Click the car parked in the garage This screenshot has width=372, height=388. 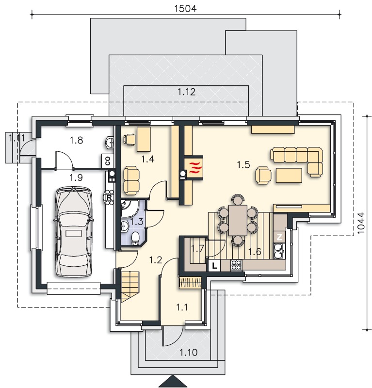(x=74, y=232)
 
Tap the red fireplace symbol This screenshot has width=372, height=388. (x=194, y=168)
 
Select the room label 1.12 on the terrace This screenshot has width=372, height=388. (x=187, y=92)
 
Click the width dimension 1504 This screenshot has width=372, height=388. (x=185, y=8)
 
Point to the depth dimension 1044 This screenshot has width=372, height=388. (x=361, y=223)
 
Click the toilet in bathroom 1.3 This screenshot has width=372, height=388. (x=135, y=238)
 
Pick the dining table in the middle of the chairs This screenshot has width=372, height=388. (x=238, y=220)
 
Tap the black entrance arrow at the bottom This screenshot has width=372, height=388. (x=173, y=382)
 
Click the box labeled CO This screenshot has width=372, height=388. (x=107, y=161)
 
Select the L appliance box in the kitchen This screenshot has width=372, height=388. (x=214, y=266)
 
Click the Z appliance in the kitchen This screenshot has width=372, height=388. (x=279, y=237)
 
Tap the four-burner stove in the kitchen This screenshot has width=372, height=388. (x=236, y=265)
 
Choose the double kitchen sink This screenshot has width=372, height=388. (x=279, y=251)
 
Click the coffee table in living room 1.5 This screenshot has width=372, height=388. (x=289, y=176)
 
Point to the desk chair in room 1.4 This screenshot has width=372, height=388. (x=129, y=139)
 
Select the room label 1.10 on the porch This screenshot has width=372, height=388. (x=189, y=353)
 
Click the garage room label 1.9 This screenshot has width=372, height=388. (x=76, y=178)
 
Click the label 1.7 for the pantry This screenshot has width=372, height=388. (x=197, y=248)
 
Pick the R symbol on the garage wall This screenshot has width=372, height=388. (x=109, y=197)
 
